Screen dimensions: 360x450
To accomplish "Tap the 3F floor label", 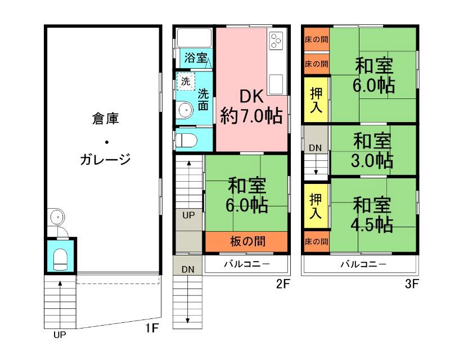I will click(x=412, y=284).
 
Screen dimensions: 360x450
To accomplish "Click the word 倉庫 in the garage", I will click(x=105, y=119).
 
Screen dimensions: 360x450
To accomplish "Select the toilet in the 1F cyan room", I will click(x=61, y=259).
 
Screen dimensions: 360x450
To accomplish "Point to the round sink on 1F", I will click(x=56, y=217).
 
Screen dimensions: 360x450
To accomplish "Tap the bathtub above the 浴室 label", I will click(x=194, y=38).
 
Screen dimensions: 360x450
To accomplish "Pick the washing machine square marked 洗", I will click(x=186, y=81).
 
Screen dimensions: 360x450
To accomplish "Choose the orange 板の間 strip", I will click(x=247, y=242).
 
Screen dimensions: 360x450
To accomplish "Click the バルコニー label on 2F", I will click(x=247, y=263).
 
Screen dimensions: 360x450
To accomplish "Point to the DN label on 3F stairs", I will click(x=316, y=147).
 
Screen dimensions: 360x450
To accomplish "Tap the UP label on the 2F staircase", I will click(x=188, y=215).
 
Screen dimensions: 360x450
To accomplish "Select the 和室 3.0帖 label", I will click(x=372, y=150).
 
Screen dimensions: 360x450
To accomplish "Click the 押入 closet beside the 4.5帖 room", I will click(x=316, y=206).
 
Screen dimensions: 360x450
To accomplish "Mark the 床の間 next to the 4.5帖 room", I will click(x=316, y=241).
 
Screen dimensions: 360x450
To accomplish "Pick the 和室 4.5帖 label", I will click(x=372, y=213).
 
